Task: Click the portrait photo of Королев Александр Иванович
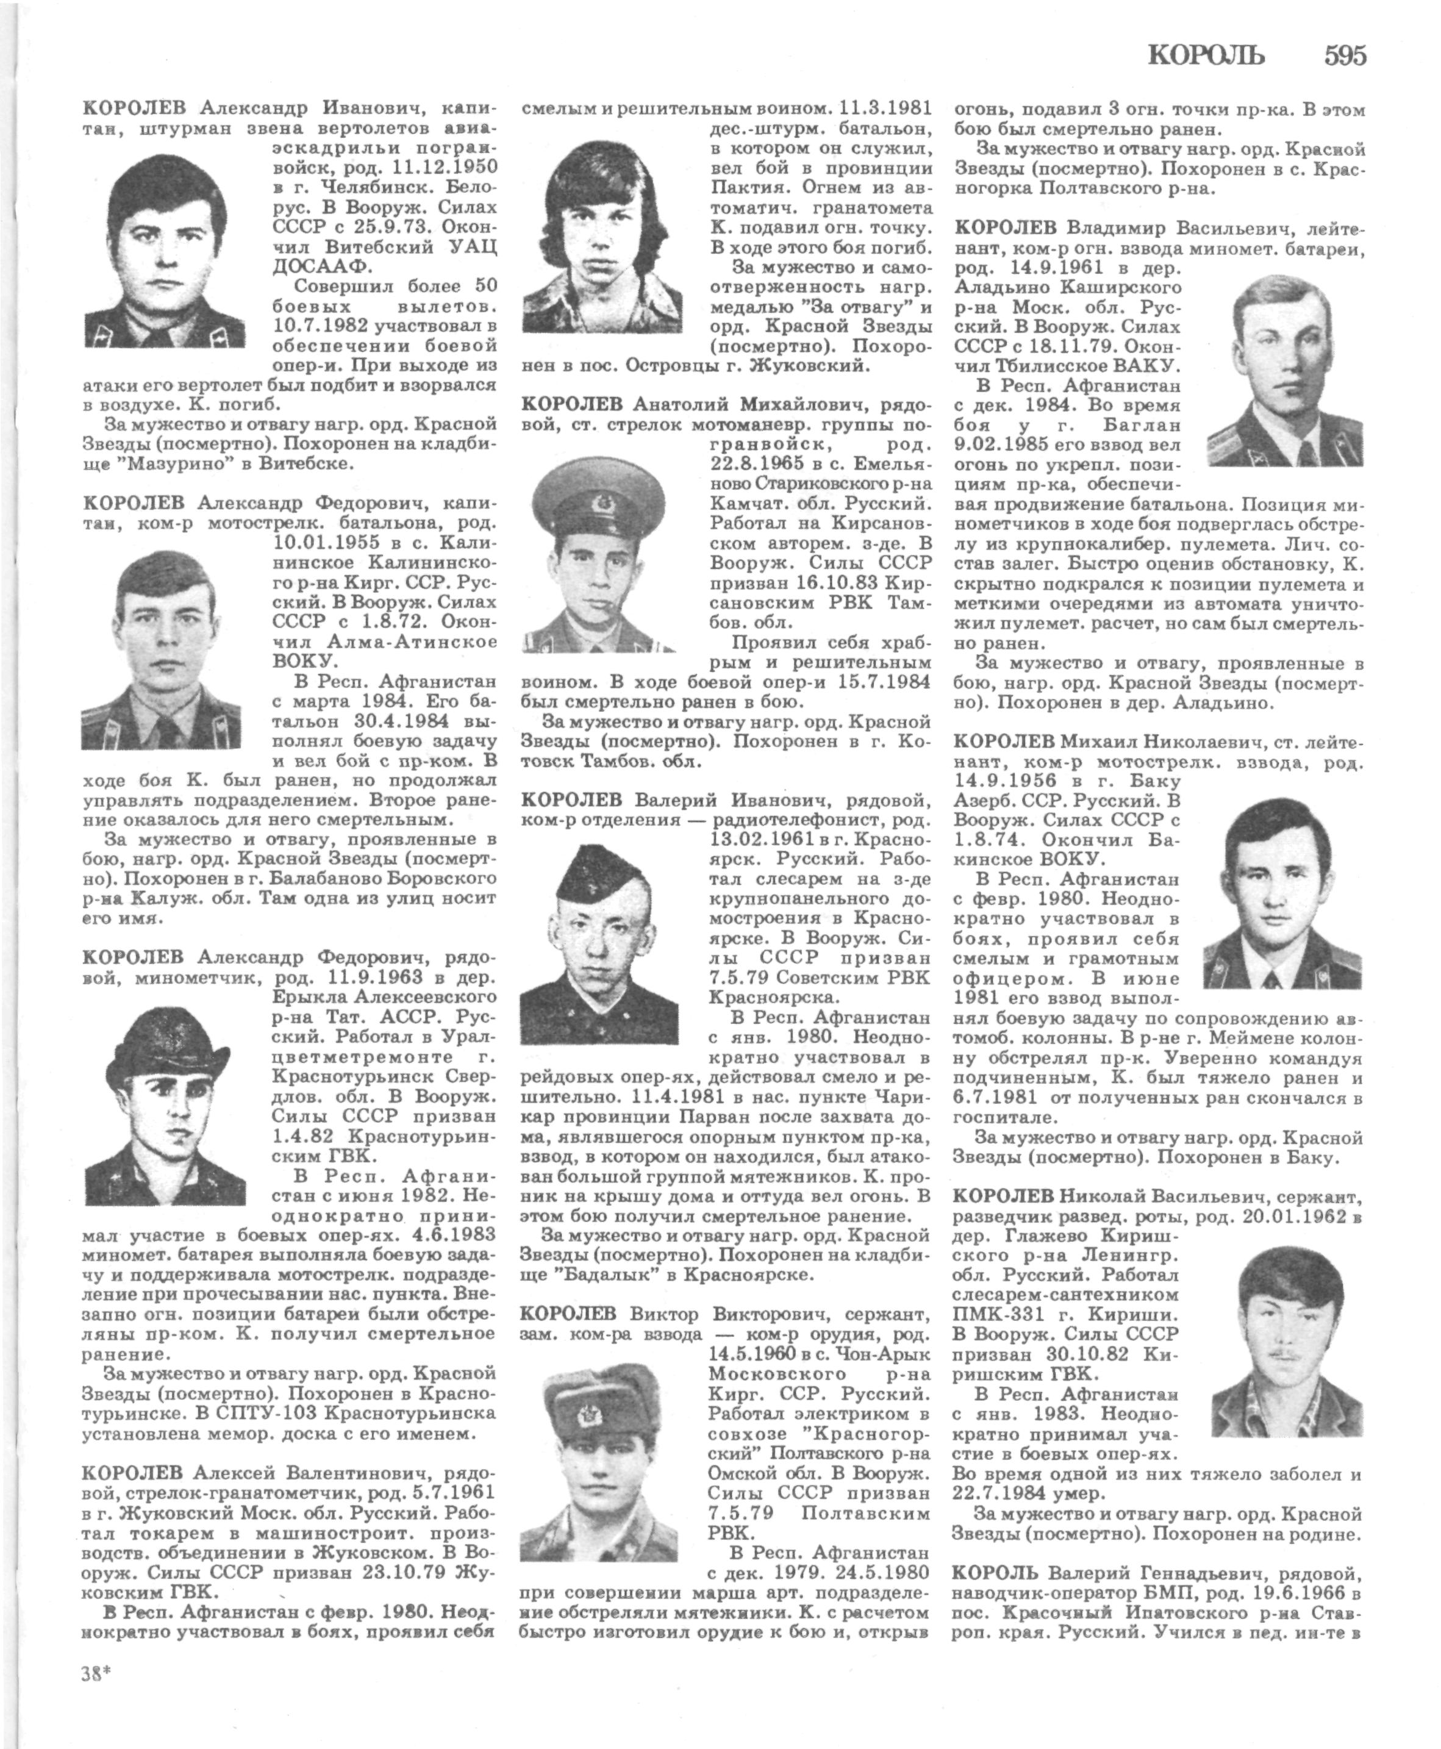tap(165, 251)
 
